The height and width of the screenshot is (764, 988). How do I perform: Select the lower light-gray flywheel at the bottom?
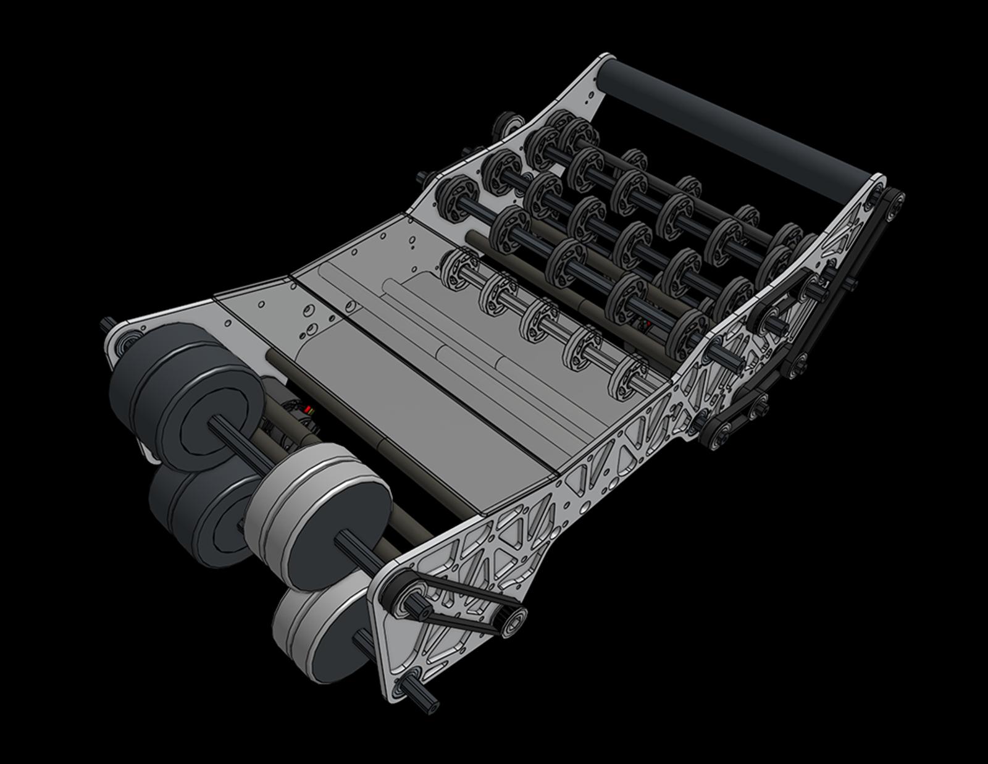pyautogui.click(x=321, y=636)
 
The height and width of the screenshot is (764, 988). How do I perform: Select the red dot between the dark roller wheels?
pyautogui.click(x=647, y=322)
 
